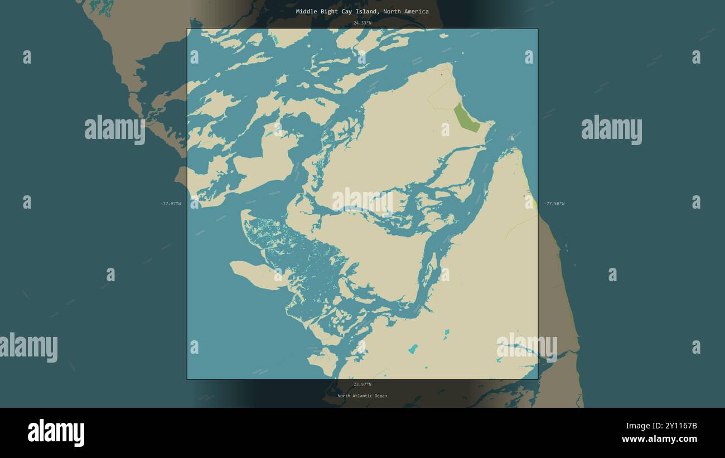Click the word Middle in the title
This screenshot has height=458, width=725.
click(307, 11)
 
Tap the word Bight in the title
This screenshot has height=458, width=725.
click(330, 11)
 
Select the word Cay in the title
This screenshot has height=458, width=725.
click(349, 11)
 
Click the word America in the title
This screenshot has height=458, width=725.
click(417, 11)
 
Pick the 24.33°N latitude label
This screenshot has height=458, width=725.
click(362, 23)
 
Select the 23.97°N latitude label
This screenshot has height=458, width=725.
click(362, 384)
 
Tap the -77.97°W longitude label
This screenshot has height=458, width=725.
click(171, 204)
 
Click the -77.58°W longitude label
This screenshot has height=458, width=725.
click(554, 204)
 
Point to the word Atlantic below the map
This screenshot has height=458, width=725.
click(364, 396)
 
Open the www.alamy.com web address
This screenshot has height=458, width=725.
click(659, 439)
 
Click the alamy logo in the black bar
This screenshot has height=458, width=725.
click(56, 433)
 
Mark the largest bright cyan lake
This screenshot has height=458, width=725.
click(413, 349)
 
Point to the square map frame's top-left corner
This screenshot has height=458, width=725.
click(187, 29)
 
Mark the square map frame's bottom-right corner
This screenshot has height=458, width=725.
click(538, 379)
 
